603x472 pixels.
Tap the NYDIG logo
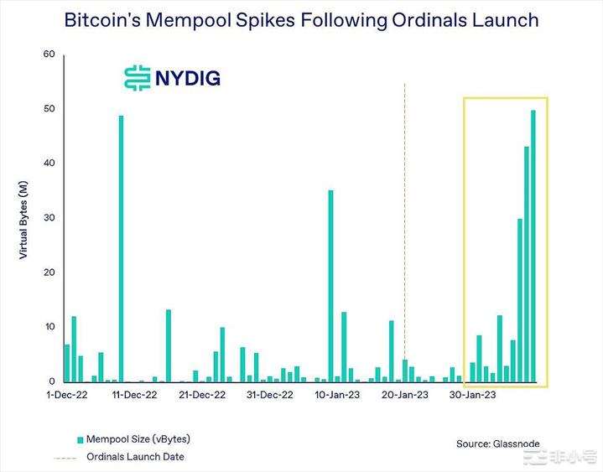pyautogui.click(x=172, y=78)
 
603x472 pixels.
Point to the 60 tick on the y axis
pyautogui.click(x=49, y=54)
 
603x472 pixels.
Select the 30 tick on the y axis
pyautogui.click(x=49, y=218)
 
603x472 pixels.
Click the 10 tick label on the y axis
pyautogui.click(x=49, y=327)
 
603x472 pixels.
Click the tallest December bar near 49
pyautogui.click(x=121, y=252)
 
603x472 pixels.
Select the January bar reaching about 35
pyautogui.click(x=330, y=285)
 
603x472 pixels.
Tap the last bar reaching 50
pyautogui.click(x=533, y=247)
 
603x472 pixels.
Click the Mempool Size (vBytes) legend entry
pyautogui.click(x=134, y=438)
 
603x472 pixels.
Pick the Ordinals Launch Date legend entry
pyautogui.click(x=134, y=457)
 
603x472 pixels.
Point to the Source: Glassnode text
pyautogui.click(x=496, y=443)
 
